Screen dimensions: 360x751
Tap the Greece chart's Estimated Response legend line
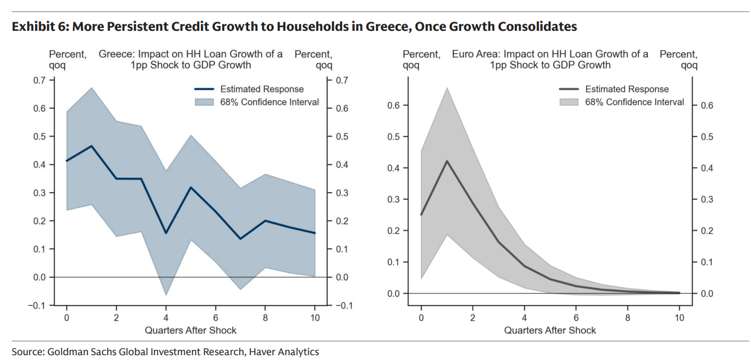pyautogui.click(x=205, y=89)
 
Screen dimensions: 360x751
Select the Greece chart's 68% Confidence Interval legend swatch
pyautogui.click(x=205, y=102)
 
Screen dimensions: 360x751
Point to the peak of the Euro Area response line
pyautogui.click(x=447, y=161)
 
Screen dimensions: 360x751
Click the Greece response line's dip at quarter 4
pyautogui.click(x=166, y=233)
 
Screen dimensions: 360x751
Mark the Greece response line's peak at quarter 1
pyautogui.click(x=91, y=146)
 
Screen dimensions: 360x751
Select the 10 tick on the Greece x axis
pyautogui.click(x=315, y=317)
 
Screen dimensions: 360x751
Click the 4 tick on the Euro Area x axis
pyautogui.click(x=525, y=317)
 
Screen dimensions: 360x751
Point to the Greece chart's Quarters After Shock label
pyautogui.click(x=191, y=330)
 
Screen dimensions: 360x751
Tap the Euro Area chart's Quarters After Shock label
pyautogui.click(x=550, y=330)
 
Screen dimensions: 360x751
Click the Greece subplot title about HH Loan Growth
pyautogui.click(x=191, y=59)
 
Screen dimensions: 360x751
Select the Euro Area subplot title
pyautogui.click(x=550, y=59)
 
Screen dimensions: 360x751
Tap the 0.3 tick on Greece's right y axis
pyautogui.click(x=342, y=193)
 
